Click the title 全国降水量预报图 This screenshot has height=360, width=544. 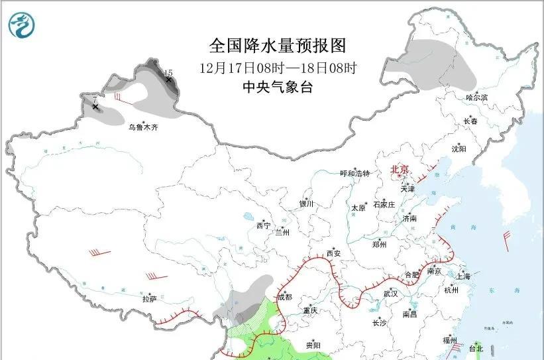click(x=278, y=46)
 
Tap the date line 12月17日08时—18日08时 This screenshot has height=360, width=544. click(x=278, y=68)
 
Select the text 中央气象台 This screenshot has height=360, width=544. click(x=278, y=87)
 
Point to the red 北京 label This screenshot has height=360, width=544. click(x=400, y=169)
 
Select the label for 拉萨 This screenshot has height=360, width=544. click(x=149, y=299)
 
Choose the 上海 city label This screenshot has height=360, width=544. click(x=463, y=276)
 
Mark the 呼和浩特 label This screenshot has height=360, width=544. click(x=354, y=174)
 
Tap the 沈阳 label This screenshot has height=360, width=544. click(x=459, y=149)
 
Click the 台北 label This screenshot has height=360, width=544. click(x=476, y=348)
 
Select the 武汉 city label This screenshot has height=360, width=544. click(x=390, y=293)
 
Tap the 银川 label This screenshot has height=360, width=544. click(x=306, y=204)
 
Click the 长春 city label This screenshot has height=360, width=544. click(x=470, y=121)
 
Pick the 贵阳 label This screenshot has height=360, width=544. click(x=313, y=345)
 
